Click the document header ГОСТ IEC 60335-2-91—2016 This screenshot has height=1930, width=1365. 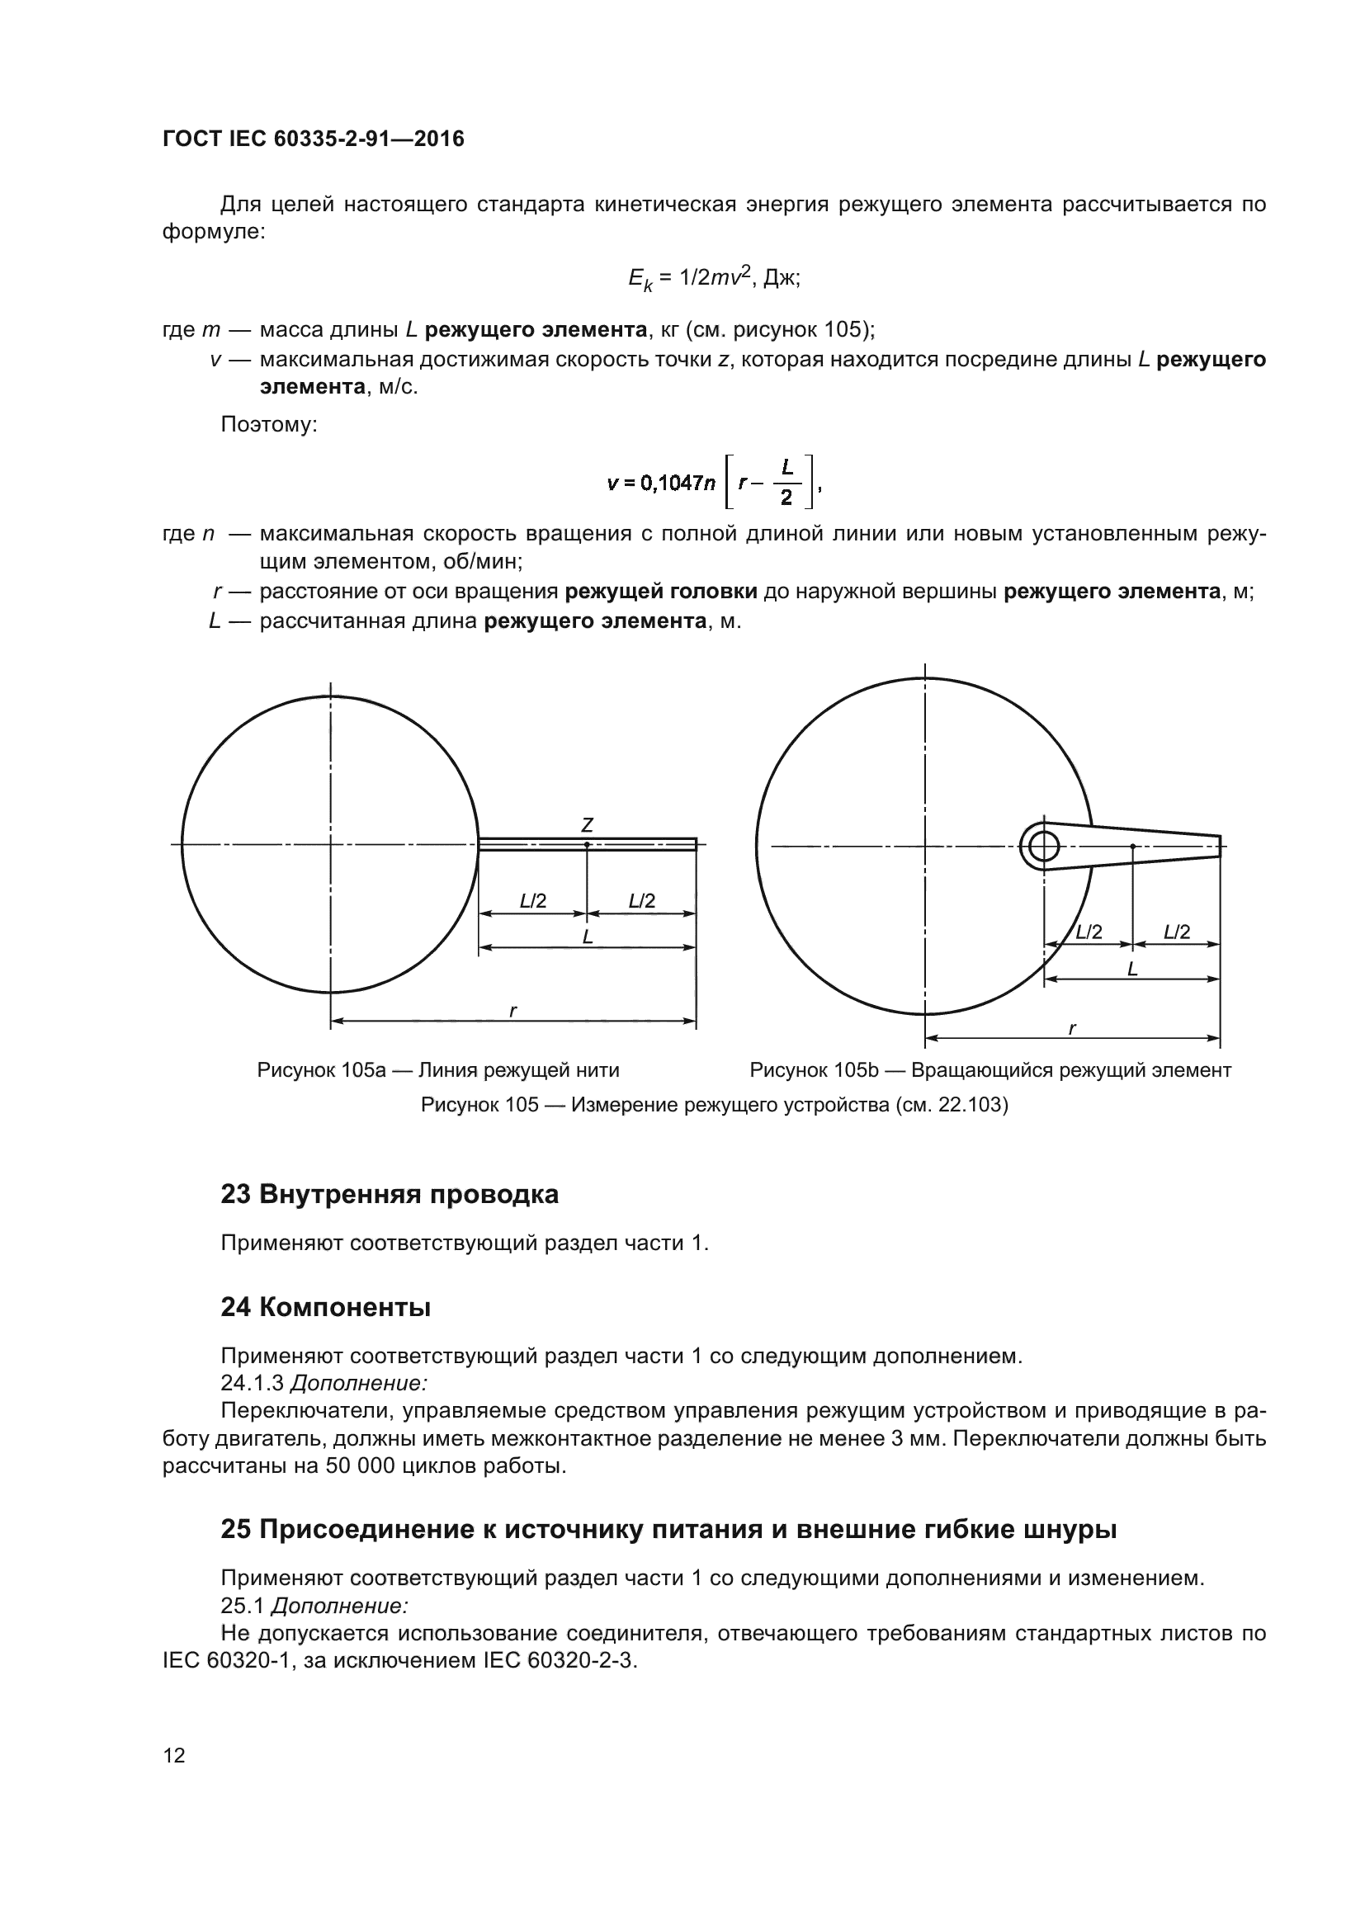coord(313,139)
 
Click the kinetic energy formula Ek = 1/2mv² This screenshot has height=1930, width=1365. coord(714,278)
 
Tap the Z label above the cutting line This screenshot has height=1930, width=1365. coord(588,824)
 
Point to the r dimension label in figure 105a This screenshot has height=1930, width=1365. coord(513,1011)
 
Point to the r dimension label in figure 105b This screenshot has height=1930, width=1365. coord(1073,1028)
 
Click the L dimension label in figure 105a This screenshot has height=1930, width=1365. coord(588,937)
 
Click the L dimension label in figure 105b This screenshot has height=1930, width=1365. coord(1132,969)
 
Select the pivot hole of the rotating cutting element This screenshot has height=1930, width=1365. coord(1043,846)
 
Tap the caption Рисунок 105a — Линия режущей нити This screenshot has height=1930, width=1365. coord(438,1070)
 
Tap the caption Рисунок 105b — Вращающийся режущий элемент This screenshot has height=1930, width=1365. coord(990,1070)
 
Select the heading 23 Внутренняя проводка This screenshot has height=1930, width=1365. coord(390,1194)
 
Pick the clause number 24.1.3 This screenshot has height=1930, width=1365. coord(252,1383)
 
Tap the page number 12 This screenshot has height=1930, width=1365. coord(174,1755)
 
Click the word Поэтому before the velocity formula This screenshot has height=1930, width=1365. coord(268,424)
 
